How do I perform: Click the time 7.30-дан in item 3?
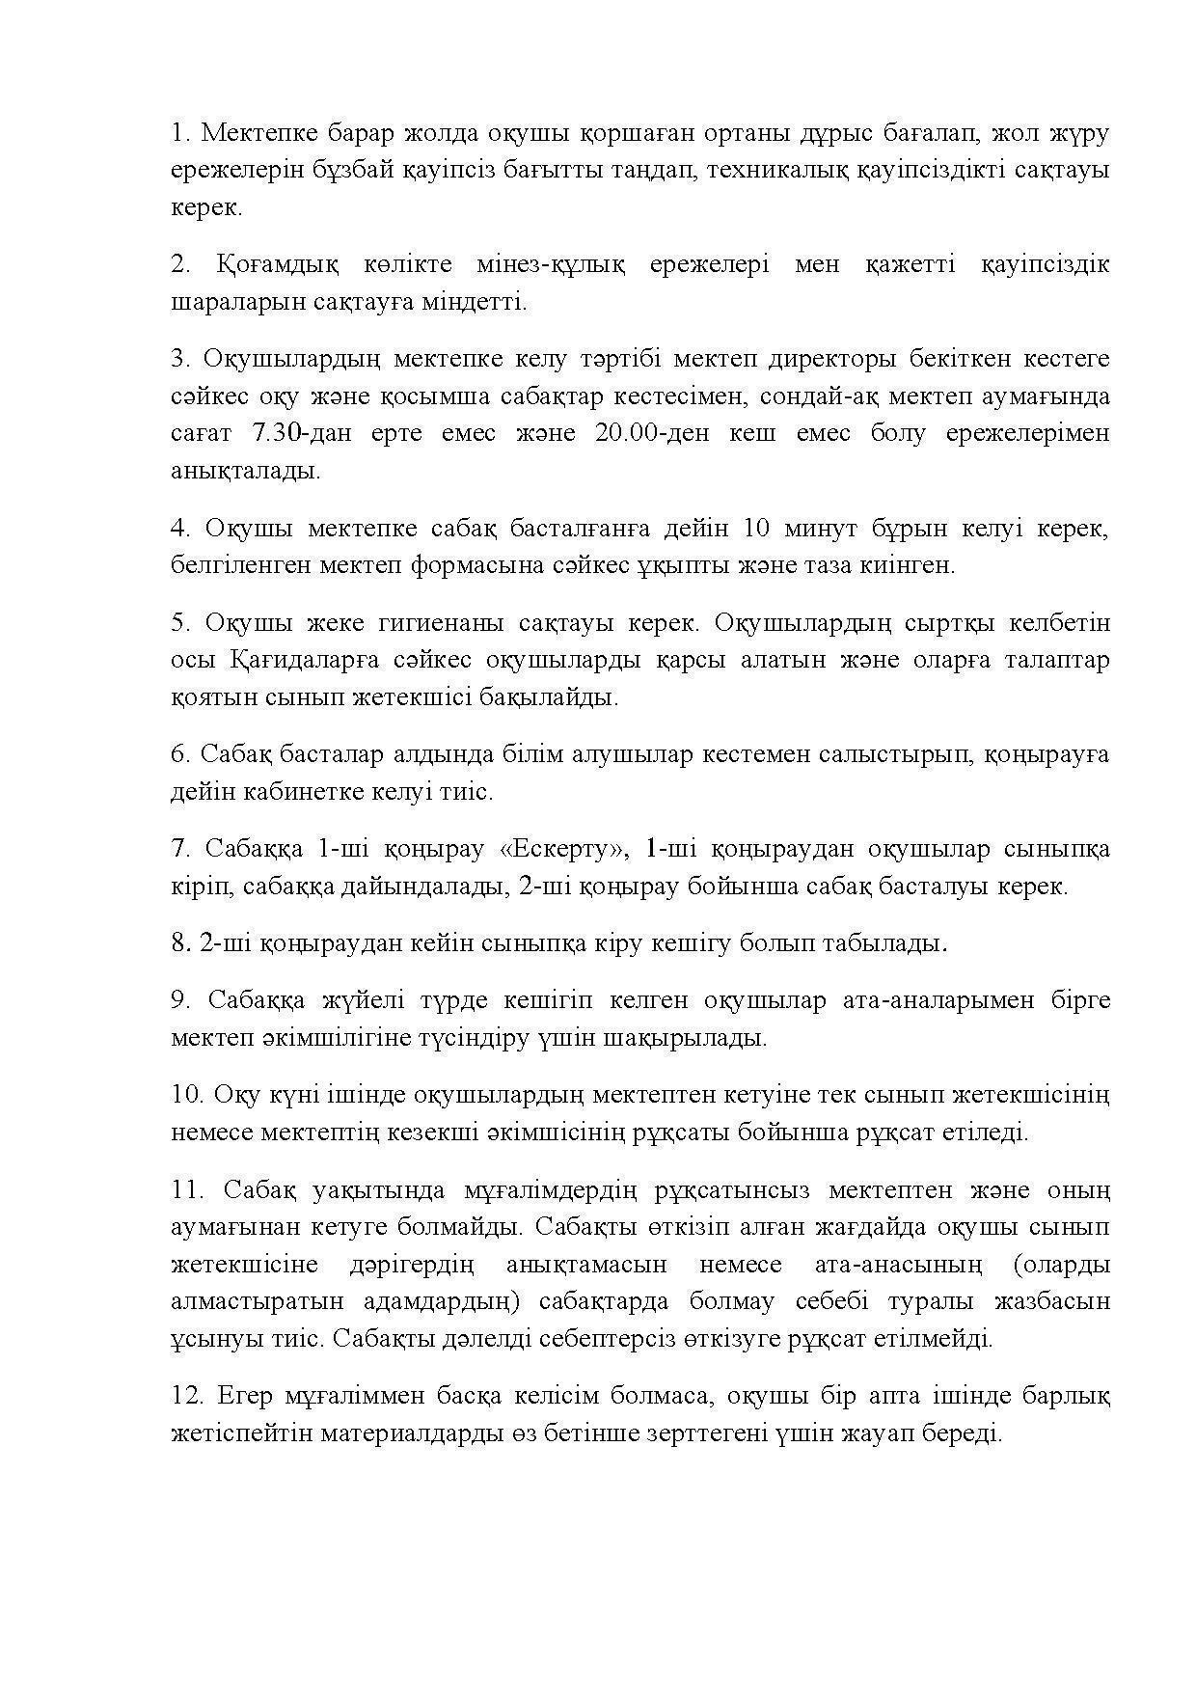pyautogui.click(x=293, y=433)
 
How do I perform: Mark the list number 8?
pyautogui.click(x=179, y=943)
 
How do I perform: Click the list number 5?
pyautogui.click(x=179, y=622)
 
